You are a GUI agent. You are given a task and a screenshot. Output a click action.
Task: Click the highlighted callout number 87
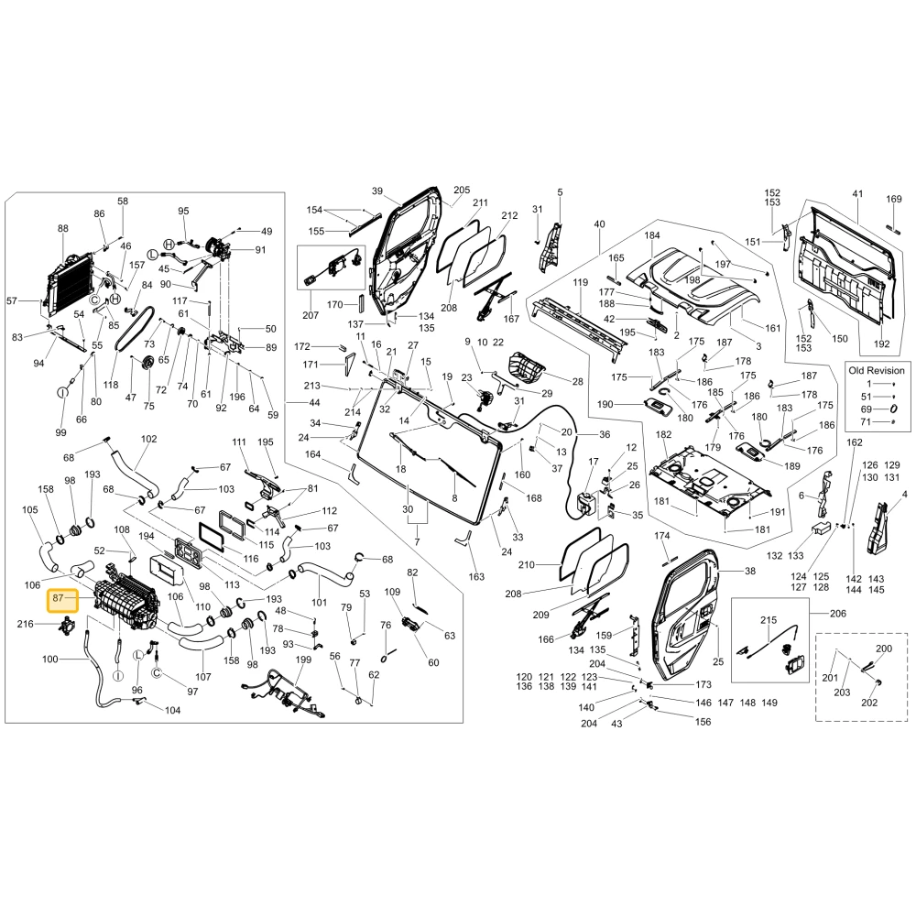(57, 597)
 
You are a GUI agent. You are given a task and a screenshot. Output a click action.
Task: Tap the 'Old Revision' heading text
(877, 370)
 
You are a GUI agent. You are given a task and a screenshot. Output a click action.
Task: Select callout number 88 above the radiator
(63, 228)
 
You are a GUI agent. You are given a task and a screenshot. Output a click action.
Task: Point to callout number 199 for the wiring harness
(303, 660)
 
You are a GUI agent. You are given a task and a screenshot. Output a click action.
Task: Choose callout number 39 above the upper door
(376, 191)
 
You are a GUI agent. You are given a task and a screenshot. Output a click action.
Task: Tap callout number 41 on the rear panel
(857, 193)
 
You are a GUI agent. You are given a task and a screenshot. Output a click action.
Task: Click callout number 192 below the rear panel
(881, 344)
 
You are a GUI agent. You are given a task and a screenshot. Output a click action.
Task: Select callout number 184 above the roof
(652, 234)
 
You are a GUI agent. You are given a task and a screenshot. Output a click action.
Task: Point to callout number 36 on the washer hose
(605, 434)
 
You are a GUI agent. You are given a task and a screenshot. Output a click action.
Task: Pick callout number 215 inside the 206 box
(769, 620)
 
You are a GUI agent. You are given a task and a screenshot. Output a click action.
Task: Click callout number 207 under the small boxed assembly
(311, 315)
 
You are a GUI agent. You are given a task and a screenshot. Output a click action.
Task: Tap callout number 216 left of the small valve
(25, 624)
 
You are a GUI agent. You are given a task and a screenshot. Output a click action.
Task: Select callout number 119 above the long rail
(580, 282)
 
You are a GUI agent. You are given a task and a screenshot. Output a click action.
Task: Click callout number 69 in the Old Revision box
(866, 409)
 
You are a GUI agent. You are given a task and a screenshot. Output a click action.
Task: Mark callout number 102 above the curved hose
(149, 439)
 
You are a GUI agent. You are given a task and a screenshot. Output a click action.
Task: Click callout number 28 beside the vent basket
(577, 381)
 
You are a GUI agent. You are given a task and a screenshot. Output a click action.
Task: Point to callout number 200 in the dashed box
(884, 649)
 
